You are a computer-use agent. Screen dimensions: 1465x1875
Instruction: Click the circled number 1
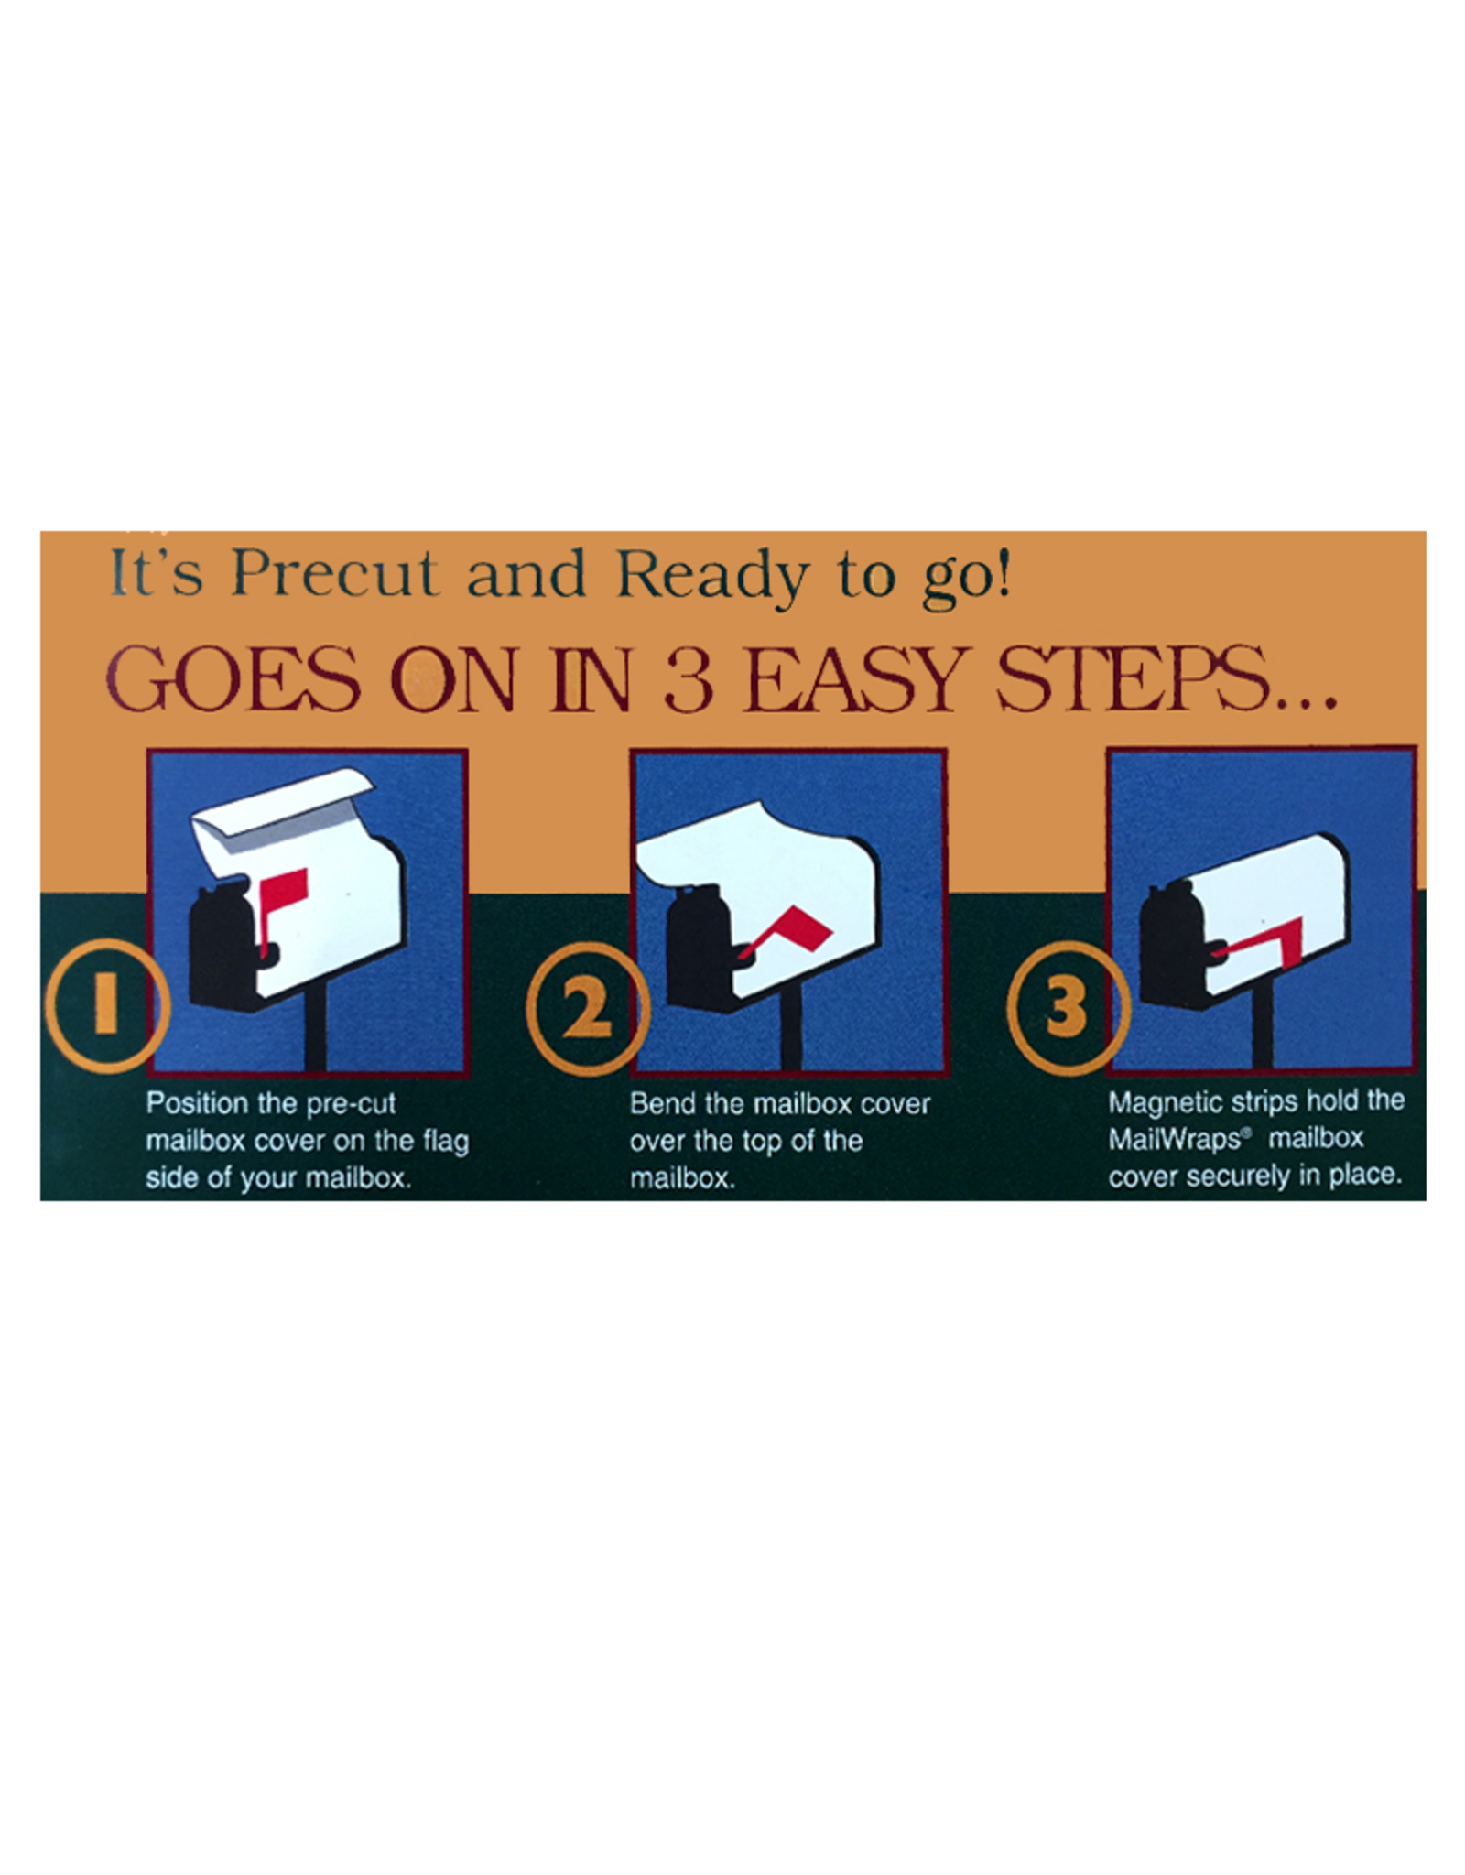coord(108,1005)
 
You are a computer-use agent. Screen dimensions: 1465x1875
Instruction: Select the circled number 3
coord(1068,1008)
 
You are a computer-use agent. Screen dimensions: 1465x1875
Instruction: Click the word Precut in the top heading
coord(334,574)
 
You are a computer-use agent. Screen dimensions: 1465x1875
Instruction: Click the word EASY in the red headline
coord(854,678)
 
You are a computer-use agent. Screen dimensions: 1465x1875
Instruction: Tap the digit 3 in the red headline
coord(689,679)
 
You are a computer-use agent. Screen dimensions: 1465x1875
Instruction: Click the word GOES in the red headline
coord(233,678)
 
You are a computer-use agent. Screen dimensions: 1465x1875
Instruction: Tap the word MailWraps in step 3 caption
coord(1174,1139)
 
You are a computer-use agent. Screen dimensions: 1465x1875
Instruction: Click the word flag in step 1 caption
coord(446,1143)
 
